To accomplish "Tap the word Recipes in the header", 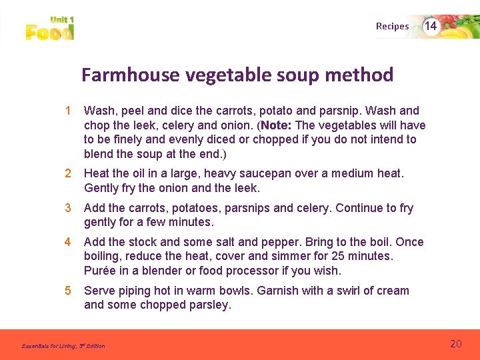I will [x=392, y=27].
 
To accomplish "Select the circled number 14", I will [x=431, y=26].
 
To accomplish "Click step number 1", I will [x=67, y=111].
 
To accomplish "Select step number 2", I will [x=67, y=173].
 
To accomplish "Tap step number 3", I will [x=67, y=208].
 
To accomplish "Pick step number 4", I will [x=67, y=242].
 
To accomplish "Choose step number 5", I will [x=67, y=291].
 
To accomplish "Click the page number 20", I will [x=456, y=344].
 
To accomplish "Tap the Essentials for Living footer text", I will [x=63, y=346].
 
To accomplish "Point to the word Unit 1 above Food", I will [x=61, y=20].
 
